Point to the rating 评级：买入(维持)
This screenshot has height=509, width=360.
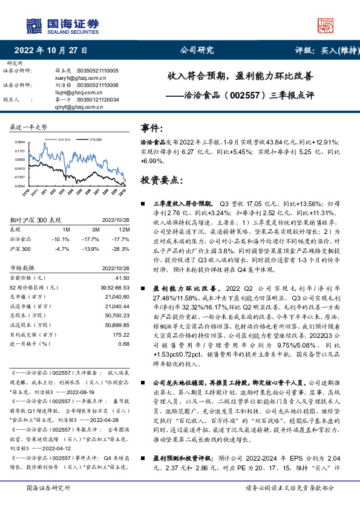[x=323, y=51]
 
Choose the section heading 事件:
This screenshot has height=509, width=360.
[x=152, y=128]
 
